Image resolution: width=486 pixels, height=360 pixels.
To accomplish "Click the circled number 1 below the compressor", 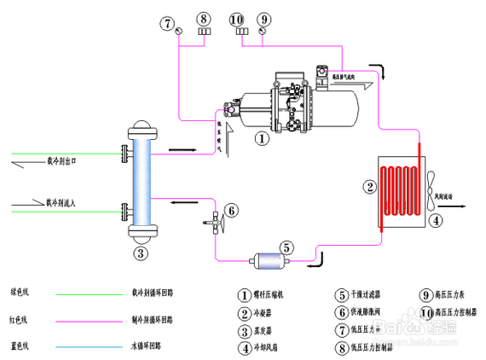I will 263,136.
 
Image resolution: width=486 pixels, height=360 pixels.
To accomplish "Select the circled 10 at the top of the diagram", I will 236,18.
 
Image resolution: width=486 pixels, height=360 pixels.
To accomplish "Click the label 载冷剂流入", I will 61,202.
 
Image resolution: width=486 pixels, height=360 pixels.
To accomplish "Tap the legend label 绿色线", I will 20,292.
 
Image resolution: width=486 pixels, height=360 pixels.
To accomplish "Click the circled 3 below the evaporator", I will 142,253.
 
